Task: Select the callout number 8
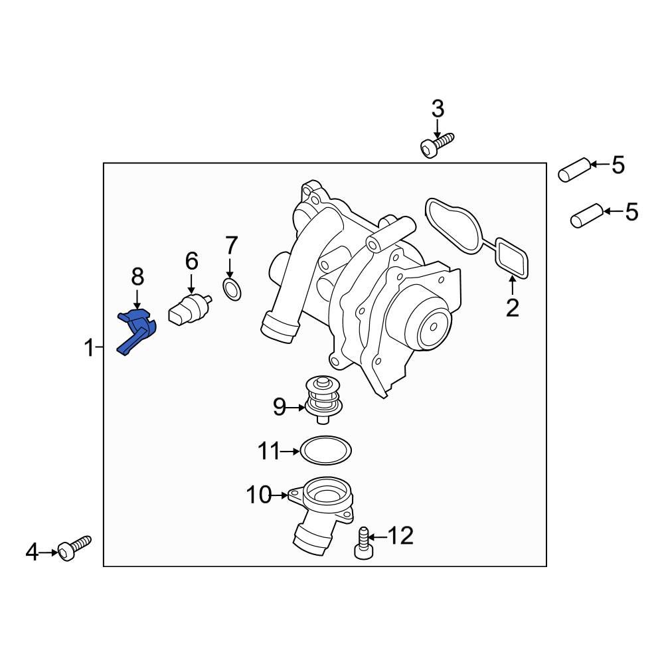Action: (x=137, y=276)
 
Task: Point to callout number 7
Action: (x=230, y=246)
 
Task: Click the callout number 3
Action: (x=438, y=109)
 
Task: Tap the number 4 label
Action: (x=32, y=552)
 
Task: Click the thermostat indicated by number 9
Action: (x=323, y=400)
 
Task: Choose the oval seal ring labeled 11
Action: (x=325, y=452)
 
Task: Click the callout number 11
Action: (x=270, y=452)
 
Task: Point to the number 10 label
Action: (x=259, y=495)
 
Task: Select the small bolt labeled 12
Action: (x=363, y=543)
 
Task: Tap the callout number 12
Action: (x=400, y=535)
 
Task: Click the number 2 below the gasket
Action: (x=512, y=308)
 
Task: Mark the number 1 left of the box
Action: (x=88, y=347)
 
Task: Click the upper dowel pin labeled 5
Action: (x=572, y=169)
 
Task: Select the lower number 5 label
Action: (x=631, y=212)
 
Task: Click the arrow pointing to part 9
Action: (x=297, y=406)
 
